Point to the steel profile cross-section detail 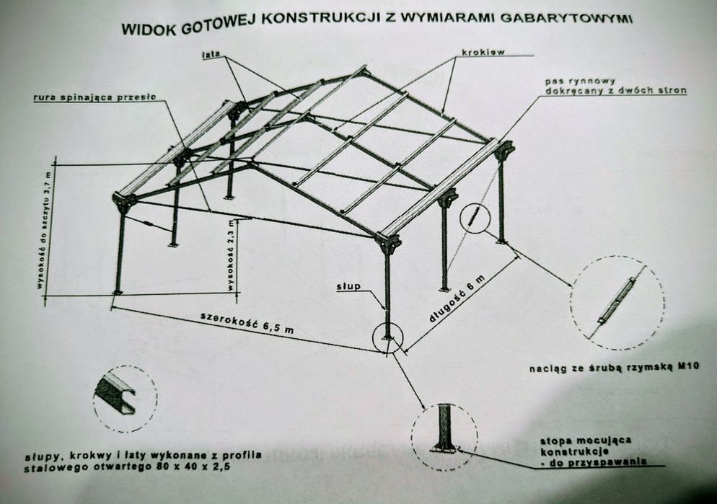(x=116, y=397)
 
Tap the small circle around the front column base (x=388, y=337)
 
